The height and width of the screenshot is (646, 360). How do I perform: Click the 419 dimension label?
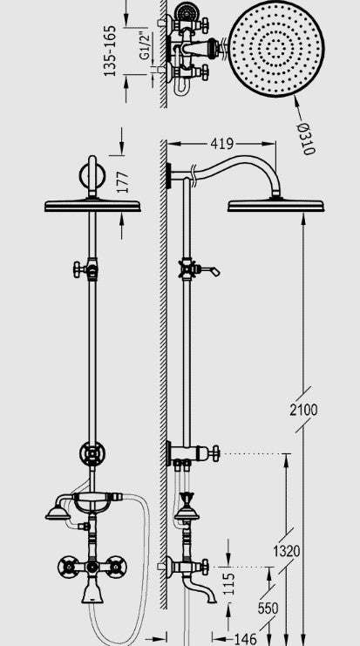[221, 144]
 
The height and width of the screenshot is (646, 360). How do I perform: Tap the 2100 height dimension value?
[303, 410]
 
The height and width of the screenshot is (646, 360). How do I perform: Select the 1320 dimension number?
[287, 551]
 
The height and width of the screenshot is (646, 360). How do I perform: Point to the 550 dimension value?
[268, 608]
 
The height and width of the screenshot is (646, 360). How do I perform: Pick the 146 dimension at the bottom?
[246, 638]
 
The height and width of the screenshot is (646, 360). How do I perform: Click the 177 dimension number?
[122, 182]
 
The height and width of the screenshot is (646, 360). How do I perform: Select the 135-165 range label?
[110, 51]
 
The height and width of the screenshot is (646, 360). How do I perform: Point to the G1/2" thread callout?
[144, 45]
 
